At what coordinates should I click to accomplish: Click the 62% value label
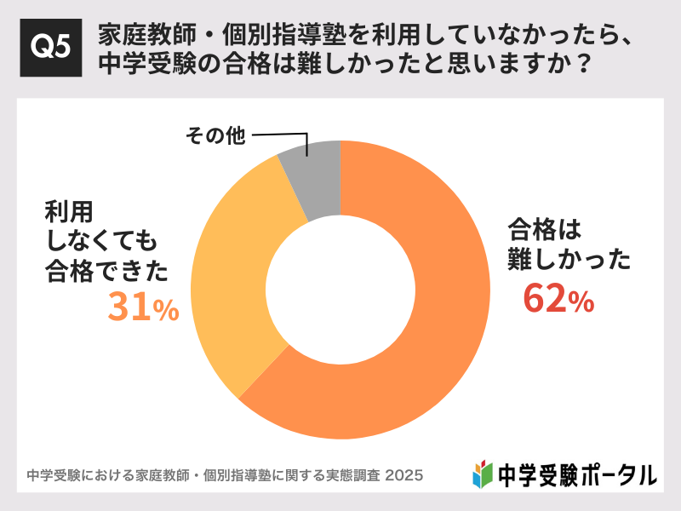point(558,299)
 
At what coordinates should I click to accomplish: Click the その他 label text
point(215,135)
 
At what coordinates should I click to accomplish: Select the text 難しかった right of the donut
point(569,257)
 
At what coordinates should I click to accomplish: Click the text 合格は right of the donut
point(544,228)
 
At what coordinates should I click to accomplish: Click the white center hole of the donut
point(340,290)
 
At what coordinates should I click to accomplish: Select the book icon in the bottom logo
point(483,473)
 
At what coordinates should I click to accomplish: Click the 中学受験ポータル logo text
point(575,474)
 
